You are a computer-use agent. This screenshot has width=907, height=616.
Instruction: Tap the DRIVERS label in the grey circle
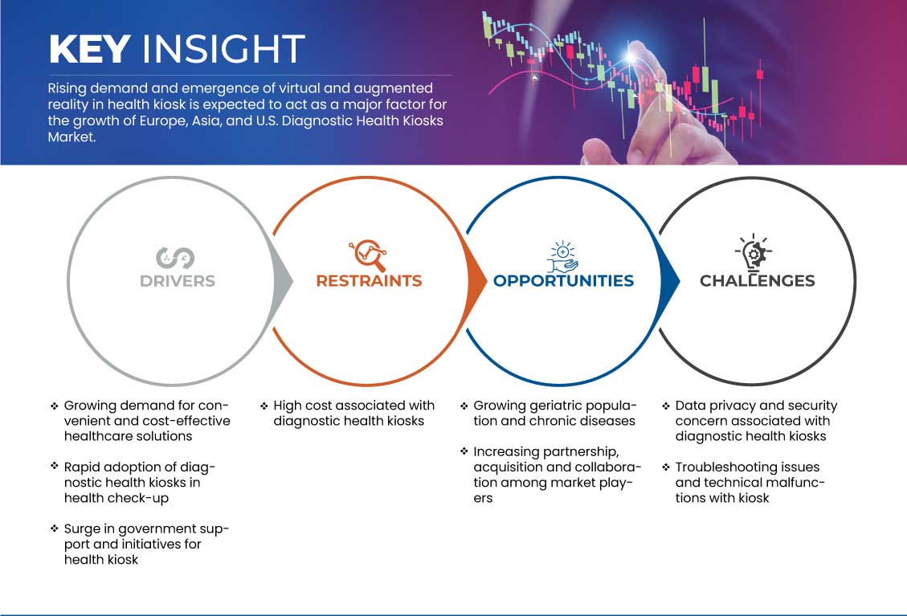point(178,281)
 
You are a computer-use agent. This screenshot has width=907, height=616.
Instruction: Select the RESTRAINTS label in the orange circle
point(369,281)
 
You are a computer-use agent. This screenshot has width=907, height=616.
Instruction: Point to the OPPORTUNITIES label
point(563,281)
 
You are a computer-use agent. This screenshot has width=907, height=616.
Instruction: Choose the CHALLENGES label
point(758,281)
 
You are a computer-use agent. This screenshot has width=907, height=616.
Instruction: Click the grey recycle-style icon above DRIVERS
point(175,258)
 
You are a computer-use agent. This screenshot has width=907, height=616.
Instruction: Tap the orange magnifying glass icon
point(369,255)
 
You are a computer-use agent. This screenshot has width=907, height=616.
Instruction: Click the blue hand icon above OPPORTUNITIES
point(563,257)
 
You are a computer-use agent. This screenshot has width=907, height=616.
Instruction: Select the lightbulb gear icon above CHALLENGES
point(754,252)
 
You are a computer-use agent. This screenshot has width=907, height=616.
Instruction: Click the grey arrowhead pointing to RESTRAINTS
point(283,281)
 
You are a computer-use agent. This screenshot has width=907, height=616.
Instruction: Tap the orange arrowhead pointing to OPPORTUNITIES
point(476,281)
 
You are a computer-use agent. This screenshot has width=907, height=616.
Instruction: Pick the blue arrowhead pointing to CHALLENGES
point(670,281)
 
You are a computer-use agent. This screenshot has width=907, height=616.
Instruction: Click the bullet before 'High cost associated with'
point(264,406)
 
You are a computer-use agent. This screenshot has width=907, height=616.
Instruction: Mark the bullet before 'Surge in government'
point(55,528)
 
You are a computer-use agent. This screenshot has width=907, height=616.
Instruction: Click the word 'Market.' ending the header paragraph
point(71,137)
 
